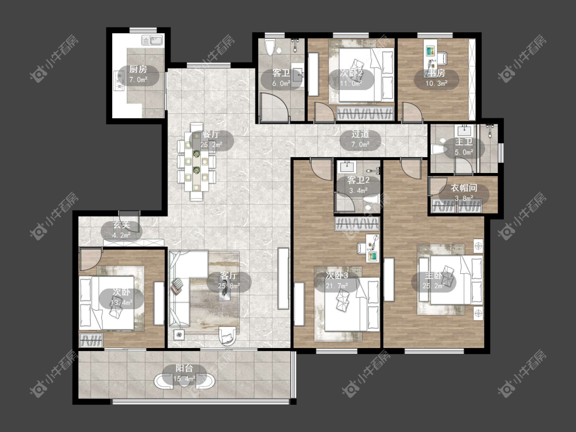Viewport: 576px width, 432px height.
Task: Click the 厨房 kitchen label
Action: coord(138,70)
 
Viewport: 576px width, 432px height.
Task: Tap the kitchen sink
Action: coord(153,40)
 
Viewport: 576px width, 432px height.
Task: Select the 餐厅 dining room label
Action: coord(211,135)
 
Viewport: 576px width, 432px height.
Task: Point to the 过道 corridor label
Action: coord(360,134)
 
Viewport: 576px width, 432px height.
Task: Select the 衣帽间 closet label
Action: coord(464,188)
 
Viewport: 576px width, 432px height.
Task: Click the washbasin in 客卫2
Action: coord(346,167)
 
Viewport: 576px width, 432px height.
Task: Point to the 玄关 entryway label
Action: coord(121,225)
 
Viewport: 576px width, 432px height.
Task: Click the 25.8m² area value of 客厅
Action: coord(229,285)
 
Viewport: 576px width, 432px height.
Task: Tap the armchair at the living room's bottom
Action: coord(228,335)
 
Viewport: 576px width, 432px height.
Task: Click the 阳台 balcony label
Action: coord(184,369)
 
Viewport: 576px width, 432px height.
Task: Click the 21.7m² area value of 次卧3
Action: coord(336,286)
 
